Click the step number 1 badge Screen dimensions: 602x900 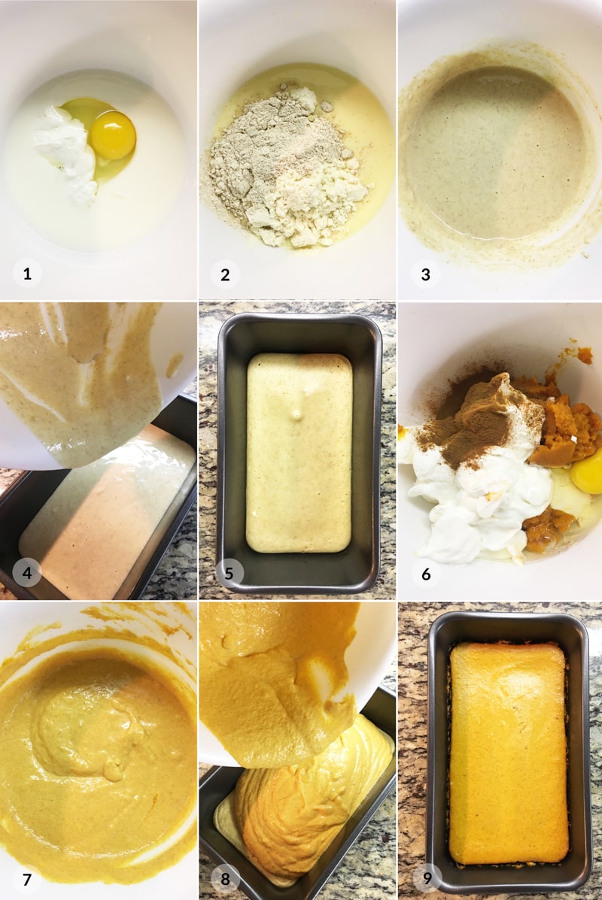tap(27, 274)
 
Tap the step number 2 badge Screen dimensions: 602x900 tap(225, 274)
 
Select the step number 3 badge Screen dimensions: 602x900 tap(425, 274)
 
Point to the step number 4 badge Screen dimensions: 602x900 tap(27, 572)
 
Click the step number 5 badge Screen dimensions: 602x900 tap(230, 573)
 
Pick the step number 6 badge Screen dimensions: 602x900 tap(426, 574)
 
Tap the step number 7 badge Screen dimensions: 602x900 tap(27, 879)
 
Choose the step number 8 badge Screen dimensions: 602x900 tap(225, 879)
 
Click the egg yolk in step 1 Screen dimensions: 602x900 tap(113, 135)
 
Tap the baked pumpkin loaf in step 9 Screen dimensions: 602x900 tap(509, 753)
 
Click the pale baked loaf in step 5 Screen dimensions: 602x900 tap(299, 453)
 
